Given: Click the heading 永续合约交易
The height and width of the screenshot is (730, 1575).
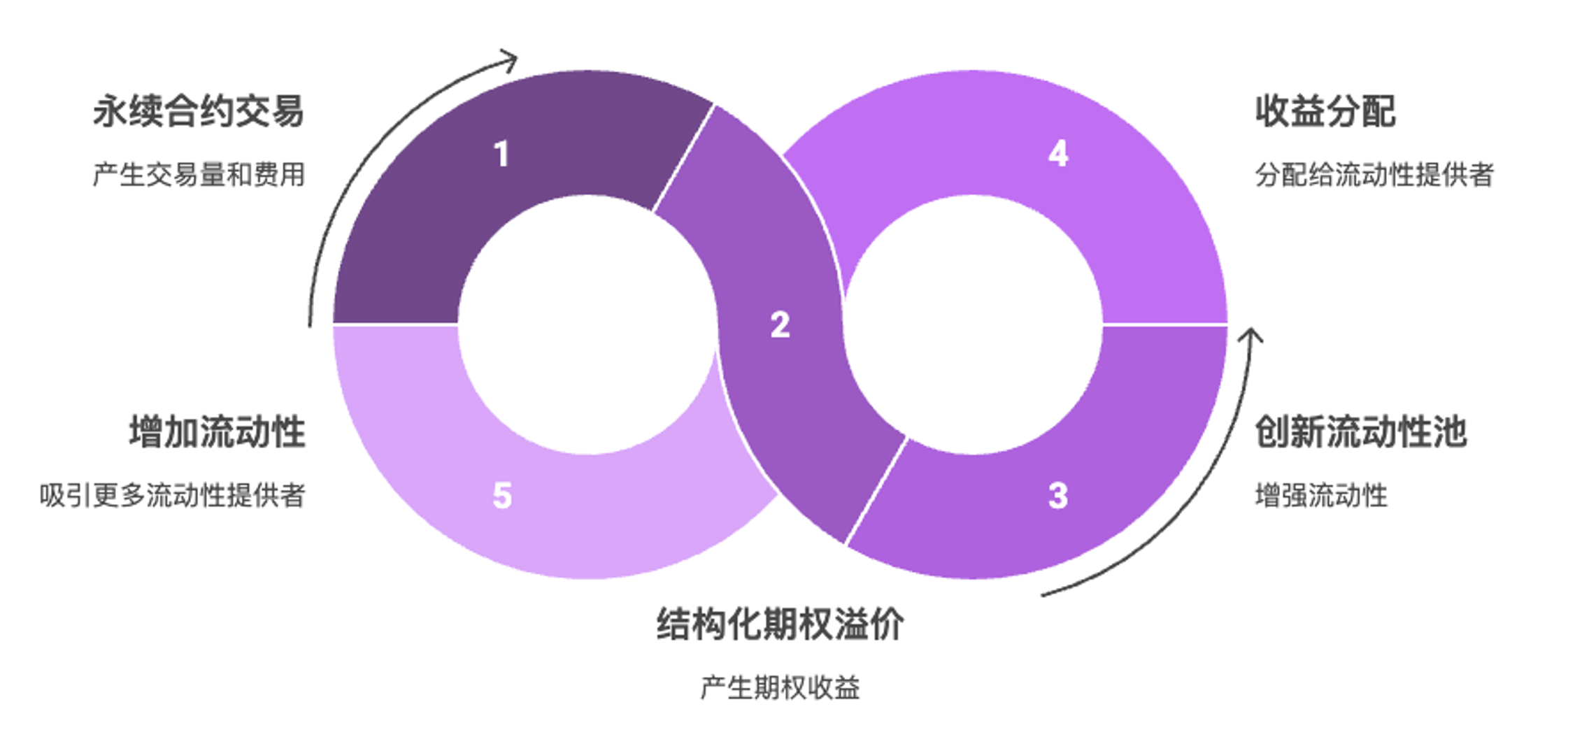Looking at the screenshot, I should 199,111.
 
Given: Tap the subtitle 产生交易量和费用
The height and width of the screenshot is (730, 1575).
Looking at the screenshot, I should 199,174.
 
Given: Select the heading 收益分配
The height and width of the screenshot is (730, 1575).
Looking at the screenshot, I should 1325,111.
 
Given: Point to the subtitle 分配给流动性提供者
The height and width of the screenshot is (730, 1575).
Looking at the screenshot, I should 1374,174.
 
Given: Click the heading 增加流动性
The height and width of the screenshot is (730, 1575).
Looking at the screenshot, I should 218,431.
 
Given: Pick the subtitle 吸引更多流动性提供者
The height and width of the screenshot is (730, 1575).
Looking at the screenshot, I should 172,495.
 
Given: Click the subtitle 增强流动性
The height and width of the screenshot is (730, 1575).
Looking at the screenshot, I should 1321,495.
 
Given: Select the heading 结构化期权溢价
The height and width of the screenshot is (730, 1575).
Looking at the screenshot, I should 780,624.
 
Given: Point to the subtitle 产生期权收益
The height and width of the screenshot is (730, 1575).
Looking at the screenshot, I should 780,688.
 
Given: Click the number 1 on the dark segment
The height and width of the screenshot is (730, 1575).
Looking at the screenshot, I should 501,154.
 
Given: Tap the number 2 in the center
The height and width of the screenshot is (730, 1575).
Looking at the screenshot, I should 780,325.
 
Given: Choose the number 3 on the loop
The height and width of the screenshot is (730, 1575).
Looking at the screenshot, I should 1058,496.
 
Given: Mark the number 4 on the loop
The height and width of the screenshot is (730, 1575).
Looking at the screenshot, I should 1058,154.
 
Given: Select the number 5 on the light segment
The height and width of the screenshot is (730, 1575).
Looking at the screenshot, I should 502,496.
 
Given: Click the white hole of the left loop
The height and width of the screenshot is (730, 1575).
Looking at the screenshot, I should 587,325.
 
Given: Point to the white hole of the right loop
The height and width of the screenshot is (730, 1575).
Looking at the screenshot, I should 973,325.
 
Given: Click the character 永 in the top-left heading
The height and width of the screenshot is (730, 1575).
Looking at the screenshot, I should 111,111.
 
